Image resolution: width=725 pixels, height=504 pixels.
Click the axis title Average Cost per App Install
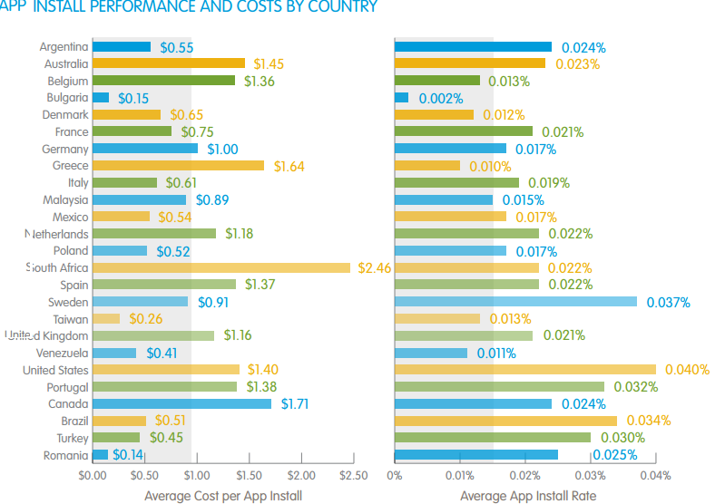(x=222, y=495)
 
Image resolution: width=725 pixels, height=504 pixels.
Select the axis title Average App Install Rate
(x=527, y=495)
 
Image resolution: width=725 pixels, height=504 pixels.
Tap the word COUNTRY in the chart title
(x=345, y=7)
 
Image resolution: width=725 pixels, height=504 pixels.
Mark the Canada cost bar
(x=181, y=403)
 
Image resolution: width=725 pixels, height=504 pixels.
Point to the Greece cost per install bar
(x=178, y=166)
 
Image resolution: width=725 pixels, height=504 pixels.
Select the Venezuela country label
(x=63, y=353)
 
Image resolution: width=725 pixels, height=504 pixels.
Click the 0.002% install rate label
(x=440, y=98)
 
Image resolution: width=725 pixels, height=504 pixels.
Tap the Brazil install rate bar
(x=505, y=421)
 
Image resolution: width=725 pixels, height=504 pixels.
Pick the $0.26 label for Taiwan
(x=145, y=319)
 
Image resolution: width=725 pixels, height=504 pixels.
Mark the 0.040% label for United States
(x=685, y=370)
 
